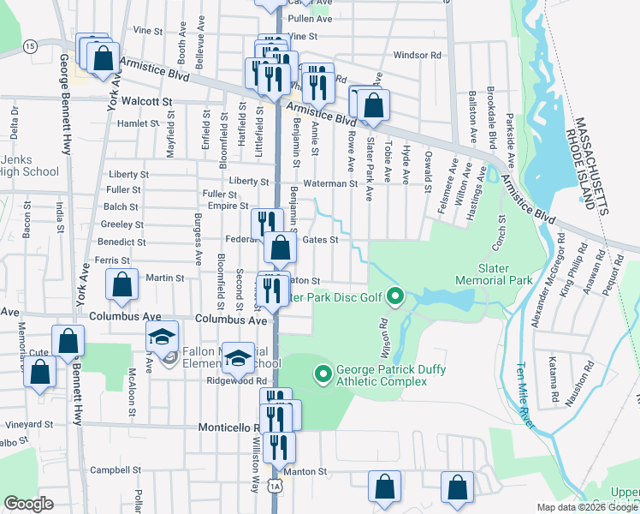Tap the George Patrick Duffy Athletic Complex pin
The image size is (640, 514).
(x=323, y=374)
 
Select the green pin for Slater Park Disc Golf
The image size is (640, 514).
(x=394, y=297)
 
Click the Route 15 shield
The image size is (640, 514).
(x=30, y=45)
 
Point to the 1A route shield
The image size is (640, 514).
(x=273, y=486)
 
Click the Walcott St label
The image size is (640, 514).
(x=147, y=101)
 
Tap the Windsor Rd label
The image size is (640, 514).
(x=417, y=55)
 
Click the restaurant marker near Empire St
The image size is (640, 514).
(x=267, y=223)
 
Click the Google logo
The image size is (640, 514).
(x=28, y=504)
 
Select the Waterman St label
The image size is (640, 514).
(x=329, y=183)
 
